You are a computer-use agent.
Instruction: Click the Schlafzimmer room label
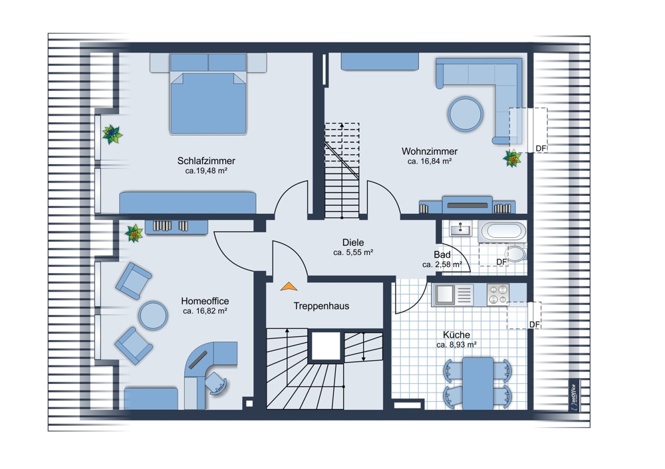point(206,161)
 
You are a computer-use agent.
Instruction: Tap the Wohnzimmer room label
point(429,151)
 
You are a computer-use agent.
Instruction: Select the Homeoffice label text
point(205,301)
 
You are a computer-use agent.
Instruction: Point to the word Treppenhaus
point(321,306)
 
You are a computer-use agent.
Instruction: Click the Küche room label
point(456,335)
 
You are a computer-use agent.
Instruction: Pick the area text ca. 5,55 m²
point(353,252)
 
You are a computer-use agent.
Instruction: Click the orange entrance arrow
point(289,286)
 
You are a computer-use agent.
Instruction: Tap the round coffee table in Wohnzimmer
point(465,114)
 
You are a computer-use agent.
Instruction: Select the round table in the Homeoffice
point(153,316)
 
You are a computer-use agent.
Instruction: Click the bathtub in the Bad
point(504,231)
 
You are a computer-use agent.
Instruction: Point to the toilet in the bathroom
point(516,253)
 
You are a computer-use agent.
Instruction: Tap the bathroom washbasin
point(460,229)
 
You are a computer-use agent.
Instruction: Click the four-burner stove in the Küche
point(498,294)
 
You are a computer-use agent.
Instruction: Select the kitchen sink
point(453,294)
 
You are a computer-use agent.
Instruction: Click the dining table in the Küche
point(477,383)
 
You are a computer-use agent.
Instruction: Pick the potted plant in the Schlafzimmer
point(112,134)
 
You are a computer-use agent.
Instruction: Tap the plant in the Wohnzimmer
point(512,159)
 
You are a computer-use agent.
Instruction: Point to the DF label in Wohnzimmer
point(541,148)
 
